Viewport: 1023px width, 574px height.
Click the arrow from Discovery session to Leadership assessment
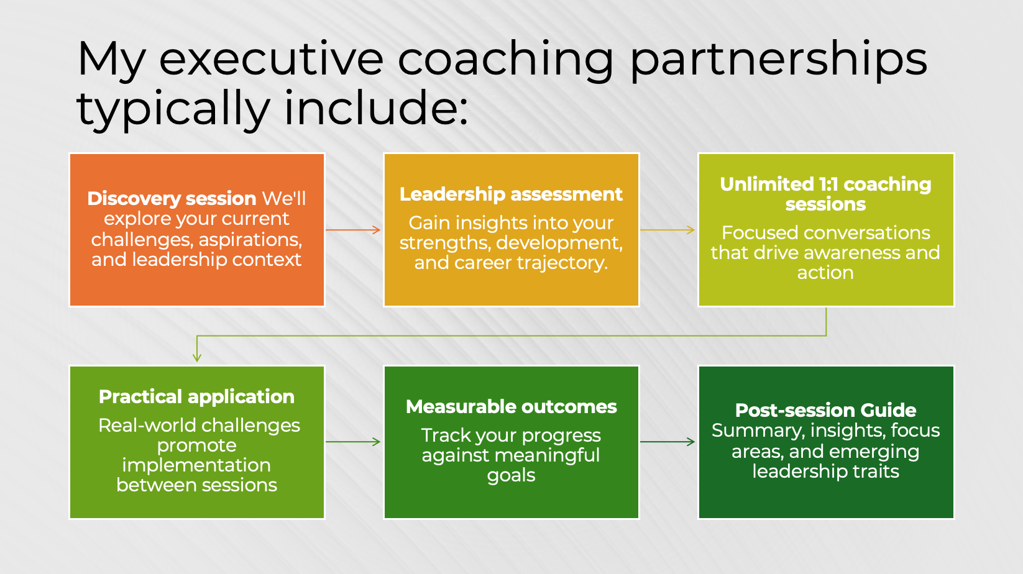pos(353,230)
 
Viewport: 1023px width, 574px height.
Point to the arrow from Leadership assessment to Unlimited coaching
pos(667,230)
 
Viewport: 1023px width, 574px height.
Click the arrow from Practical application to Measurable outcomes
pos(353,442)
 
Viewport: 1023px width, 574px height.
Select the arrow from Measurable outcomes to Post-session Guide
pos(667,442)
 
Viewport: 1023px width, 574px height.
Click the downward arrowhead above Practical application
pos(197,357)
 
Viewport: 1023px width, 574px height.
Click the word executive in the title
pos(271,59)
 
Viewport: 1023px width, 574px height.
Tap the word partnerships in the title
pos(778,59)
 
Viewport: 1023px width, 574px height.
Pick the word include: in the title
pos(375,107)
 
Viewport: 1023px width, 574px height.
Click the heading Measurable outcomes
pos(511,406)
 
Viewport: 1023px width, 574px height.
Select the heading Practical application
pos(196,396)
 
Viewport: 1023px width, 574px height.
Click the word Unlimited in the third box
pos(766,184)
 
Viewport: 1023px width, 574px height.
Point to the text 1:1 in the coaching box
pos(828,184)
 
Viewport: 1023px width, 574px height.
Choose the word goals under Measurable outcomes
pos(511,475)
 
